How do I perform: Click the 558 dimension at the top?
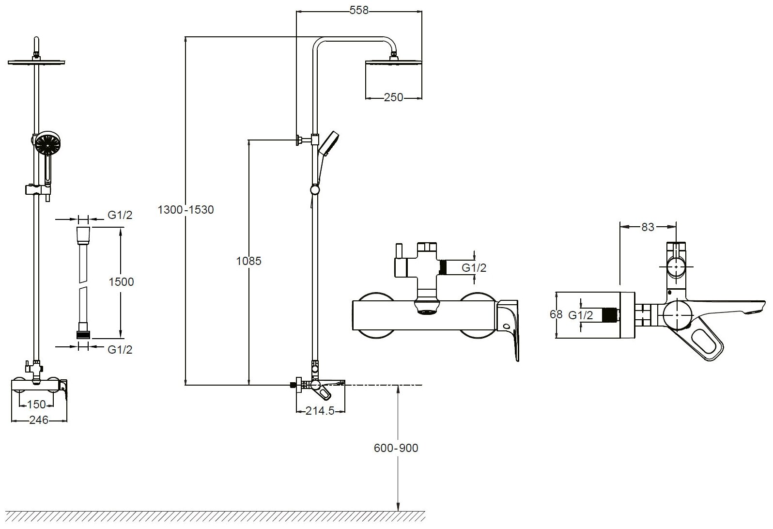click(358, 10)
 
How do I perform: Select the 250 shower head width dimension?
click(393, 98)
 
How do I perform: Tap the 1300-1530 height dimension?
click(186, 210)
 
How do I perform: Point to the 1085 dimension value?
click(248, 261)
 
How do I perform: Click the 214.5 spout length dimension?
click(320, 411)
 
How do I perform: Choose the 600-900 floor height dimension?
click(396, 448)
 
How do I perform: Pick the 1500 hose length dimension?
click(121, 281)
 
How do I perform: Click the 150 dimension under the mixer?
click(37, 404)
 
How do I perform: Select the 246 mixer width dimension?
click(39, 420)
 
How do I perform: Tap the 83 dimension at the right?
click(648, 227)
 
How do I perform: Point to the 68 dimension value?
click(556, 314)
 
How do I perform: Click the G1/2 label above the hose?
click(119, 216)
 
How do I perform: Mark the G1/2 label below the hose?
click(119, 349)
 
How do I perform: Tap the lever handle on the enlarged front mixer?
click(511, 329)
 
